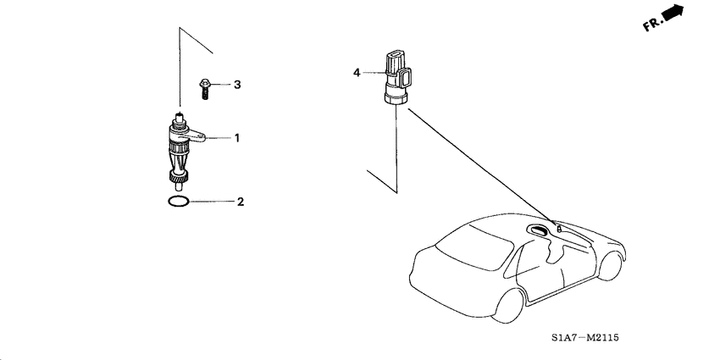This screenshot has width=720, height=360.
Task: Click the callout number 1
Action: [237, 137]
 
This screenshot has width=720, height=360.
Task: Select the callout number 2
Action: [241, 202]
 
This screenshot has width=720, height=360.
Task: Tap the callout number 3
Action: [237, 85]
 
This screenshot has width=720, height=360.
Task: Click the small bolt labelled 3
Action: [205, 86]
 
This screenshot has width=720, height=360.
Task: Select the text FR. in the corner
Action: [652, 25]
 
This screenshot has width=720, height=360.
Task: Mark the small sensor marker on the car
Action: [558, 228]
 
